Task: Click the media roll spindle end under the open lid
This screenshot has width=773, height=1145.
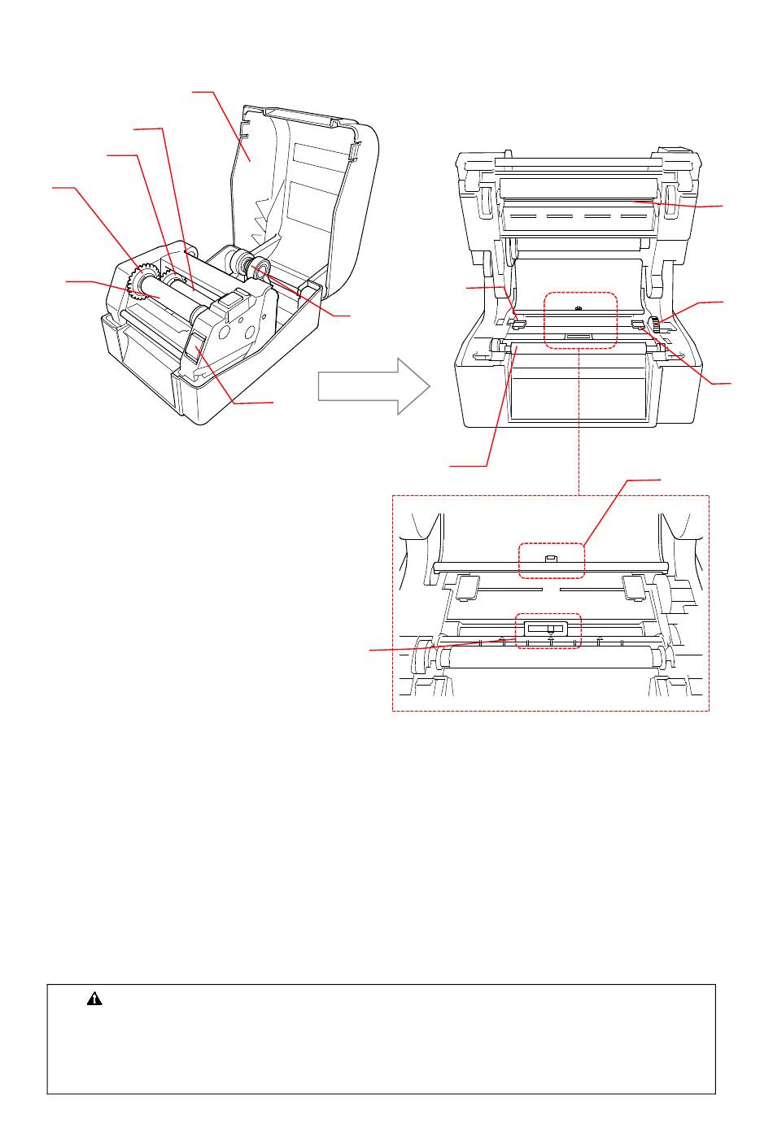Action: coord(260,268)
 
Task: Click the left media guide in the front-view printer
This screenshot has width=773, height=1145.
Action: coord(516,324)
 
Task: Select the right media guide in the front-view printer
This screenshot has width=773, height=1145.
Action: coord(639,324)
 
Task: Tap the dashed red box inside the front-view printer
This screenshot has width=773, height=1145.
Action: coord(579,321)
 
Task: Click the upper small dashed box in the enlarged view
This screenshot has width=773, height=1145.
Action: coord(552,561)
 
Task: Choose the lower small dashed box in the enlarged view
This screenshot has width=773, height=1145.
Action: coord(546,630)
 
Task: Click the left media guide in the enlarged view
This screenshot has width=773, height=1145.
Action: coord(467,588)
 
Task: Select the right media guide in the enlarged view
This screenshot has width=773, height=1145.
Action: coord(635,587)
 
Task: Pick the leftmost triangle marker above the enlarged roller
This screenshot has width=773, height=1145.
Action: coord(502,640)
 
